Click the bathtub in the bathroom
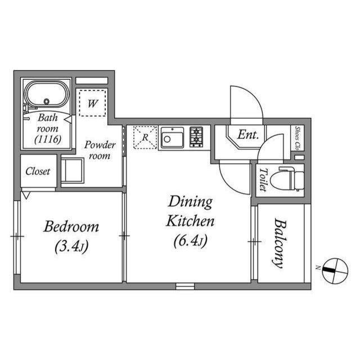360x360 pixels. (47, 94)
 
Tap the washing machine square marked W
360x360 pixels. (92, 103)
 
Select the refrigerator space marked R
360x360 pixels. (145, 137)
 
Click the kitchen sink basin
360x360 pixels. (172, 137)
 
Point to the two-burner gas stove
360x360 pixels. (196, 137)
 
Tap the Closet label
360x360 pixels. (38, 171)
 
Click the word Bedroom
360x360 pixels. (71, 226)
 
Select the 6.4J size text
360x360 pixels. (191, 241)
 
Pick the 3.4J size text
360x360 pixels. (71, 246)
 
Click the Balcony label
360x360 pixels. (280, 244)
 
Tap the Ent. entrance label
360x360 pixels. (248, 135)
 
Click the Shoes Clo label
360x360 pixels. (298, 138)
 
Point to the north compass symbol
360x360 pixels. (335, 271)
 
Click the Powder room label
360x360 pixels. (100, 150)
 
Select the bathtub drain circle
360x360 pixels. (47, 101)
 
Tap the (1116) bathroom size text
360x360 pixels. (48, 139)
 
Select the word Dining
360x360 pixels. (190, 201)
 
